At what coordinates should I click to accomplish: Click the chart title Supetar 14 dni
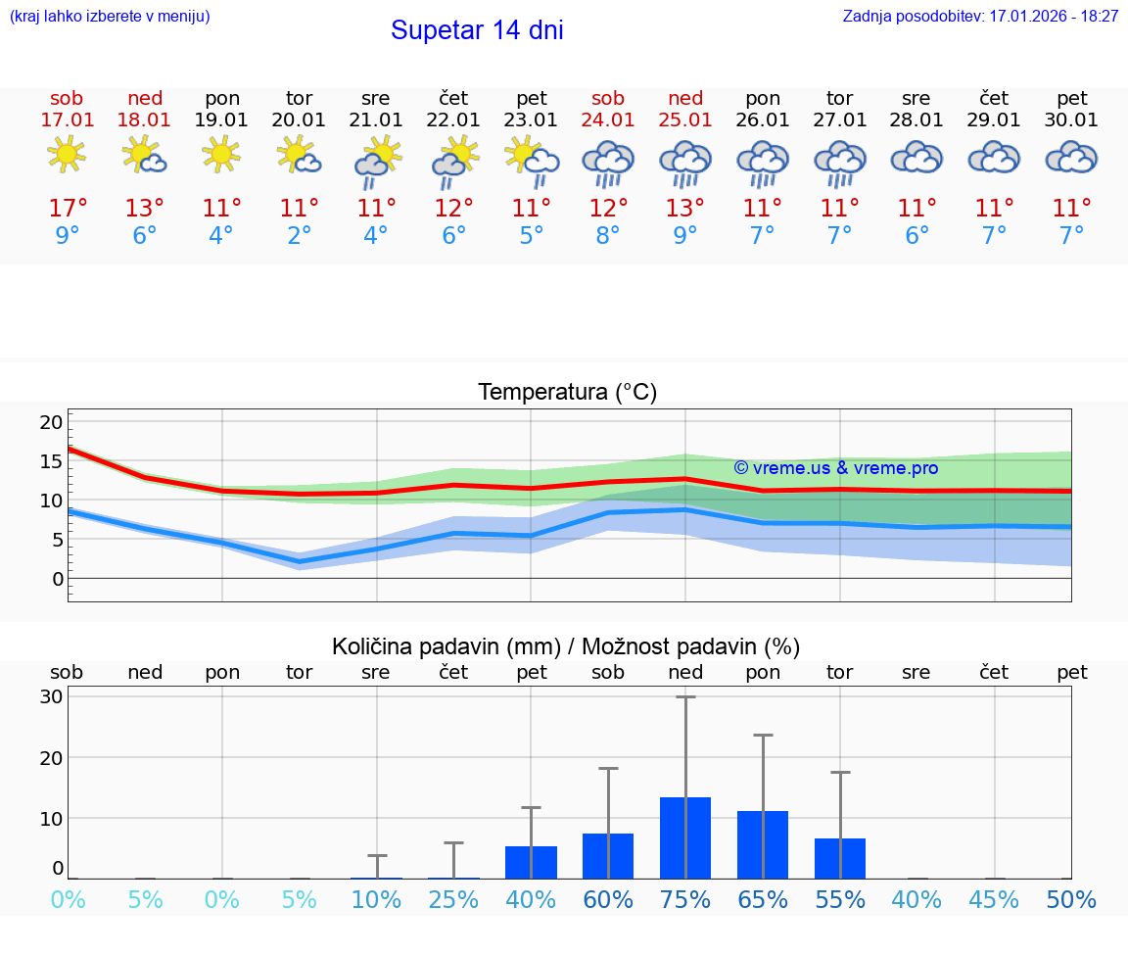(477, 30)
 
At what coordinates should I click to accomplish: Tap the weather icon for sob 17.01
(67, 155)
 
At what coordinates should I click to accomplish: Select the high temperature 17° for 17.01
(68, 209)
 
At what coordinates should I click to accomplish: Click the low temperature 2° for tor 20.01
(299, 236)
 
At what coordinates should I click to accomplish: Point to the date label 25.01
(685, 120)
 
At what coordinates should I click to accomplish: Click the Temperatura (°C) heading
(567, 393)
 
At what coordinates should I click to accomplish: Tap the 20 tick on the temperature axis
(52, 422)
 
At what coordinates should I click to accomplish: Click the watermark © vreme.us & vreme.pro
(835, 468)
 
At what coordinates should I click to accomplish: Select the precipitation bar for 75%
(685, 837)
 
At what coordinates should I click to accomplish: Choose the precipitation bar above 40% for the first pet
(531, 862)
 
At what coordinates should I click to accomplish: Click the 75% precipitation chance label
(685, 899)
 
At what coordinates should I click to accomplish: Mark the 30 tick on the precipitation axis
(52, 696)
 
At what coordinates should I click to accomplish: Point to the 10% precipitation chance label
(376, 899)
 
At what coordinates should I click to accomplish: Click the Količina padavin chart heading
(566, 646)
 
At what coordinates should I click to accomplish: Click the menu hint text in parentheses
(110, 17)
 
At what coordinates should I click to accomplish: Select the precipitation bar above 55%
(840, 858)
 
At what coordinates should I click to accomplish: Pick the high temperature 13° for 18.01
(145, 209)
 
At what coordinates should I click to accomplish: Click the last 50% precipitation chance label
(1071, 899)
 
